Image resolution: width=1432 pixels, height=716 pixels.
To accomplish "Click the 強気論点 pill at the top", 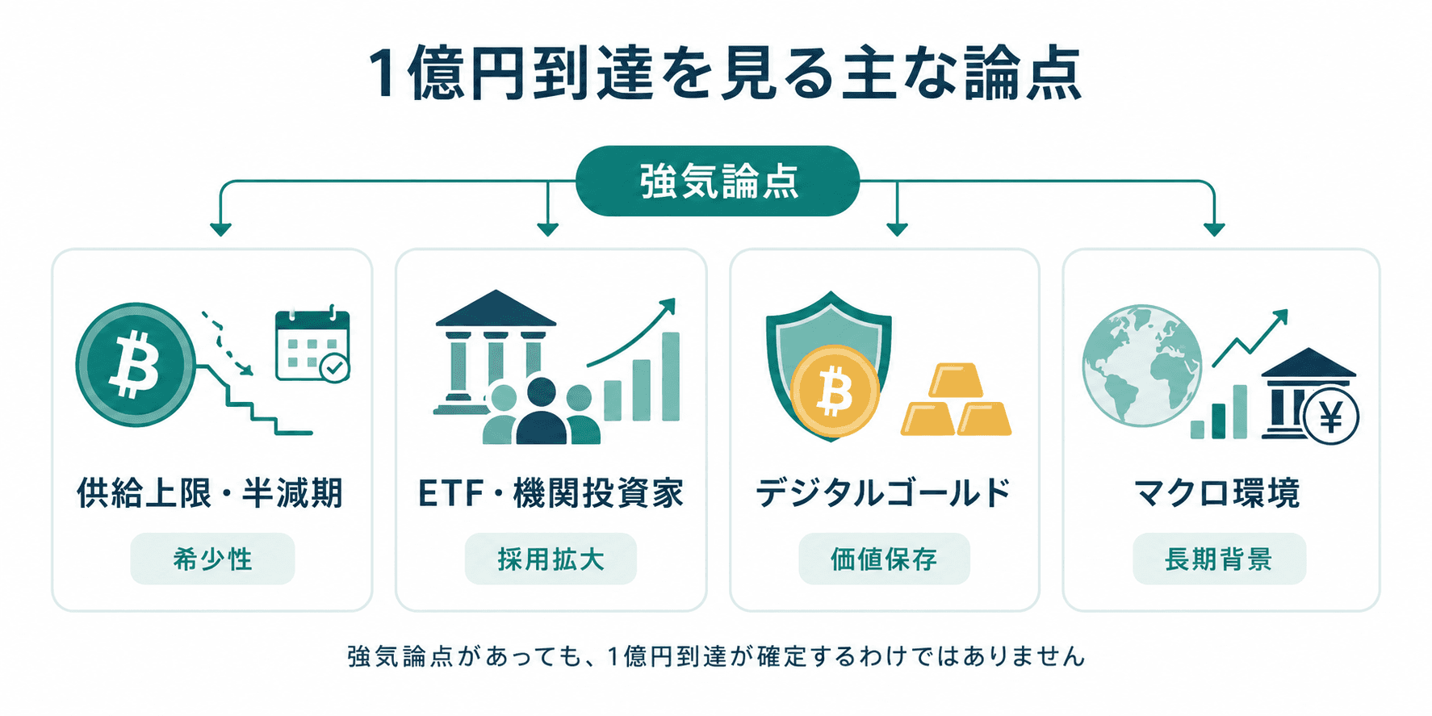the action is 717,181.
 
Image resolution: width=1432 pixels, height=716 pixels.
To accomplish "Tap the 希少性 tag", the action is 212,559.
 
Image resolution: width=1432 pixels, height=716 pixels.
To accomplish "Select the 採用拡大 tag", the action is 551,559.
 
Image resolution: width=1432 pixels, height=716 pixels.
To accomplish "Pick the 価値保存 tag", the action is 884,559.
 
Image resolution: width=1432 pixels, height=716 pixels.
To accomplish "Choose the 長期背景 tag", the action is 1219,559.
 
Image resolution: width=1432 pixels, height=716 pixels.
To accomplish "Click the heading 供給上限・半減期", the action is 210,492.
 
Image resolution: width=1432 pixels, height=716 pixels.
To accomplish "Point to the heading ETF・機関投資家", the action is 551,492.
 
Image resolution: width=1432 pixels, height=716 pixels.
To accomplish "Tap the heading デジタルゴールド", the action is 883,492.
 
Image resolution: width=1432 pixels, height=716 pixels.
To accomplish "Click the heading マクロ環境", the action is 1217,492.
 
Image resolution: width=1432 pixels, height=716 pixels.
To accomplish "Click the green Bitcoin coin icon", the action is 135,365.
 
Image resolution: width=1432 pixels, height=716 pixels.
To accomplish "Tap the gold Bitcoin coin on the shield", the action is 835,391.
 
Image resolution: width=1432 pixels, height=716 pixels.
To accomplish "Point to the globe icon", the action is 1141,366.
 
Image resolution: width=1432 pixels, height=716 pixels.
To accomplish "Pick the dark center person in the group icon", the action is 541,412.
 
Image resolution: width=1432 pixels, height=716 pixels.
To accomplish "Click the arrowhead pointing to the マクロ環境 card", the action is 1214,229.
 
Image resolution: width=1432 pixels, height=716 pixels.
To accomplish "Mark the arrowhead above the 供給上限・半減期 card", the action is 220,229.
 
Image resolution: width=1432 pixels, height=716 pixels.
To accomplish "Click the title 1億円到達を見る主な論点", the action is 724,74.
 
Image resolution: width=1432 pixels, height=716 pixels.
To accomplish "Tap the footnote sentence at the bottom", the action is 716,656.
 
